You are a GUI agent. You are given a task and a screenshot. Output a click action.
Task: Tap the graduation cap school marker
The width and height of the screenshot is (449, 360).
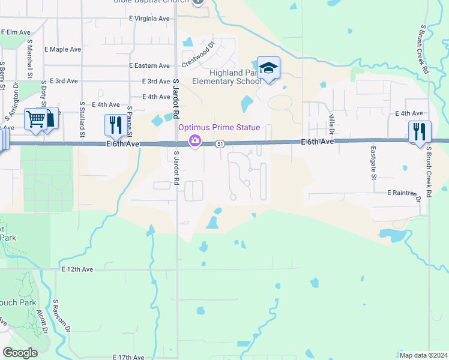click(x=268, y=68)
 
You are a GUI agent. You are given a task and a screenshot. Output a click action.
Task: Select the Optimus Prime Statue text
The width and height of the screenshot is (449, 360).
click(x=218, y=127)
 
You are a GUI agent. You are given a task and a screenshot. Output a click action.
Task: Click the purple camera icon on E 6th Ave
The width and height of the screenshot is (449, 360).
click(x=194, y=141)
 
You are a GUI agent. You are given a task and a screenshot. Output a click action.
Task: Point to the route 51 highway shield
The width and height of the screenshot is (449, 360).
click(x=220, y=144)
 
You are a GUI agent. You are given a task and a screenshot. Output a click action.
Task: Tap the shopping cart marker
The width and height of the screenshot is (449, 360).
click(x=35, y=120)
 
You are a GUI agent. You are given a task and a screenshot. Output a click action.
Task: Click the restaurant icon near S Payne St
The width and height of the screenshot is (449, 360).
click(x=113, y=125)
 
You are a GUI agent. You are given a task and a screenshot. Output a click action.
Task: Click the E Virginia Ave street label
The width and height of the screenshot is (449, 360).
click(x=149, y=19)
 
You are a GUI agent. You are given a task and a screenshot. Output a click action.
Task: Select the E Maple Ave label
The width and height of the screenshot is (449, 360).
click(x=62, y=49)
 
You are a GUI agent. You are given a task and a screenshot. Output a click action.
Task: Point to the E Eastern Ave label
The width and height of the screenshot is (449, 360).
click(x=149, y=65)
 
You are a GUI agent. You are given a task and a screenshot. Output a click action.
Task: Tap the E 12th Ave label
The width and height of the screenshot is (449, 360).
click(x=77, y=270)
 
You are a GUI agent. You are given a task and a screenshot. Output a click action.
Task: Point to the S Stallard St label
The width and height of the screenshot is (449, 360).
click(x=82, y=122)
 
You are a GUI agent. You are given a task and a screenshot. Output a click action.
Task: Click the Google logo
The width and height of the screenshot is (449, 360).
click(x=20, y=353)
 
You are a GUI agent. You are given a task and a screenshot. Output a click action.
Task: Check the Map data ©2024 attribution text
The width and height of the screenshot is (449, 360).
click(x=423, y=355)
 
